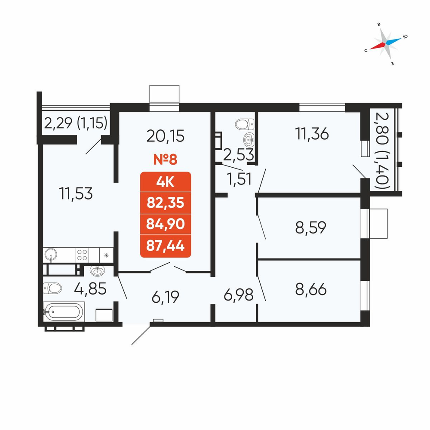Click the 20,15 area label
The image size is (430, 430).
tap(166, 136)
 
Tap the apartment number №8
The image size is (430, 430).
tap(166, 160)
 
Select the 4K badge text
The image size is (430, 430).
tap(166, 182)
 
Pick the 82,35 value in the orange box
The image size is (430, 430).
tap(166, 203)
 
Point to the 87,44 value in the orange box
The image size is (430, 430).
tap(166, 246)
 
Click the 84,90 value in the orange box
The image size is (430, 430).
tap(166, 224)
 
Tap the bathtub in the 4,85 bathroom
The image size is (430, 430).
tap(63, 312)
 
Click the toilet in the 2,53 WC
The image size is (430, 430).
tap(245, 124)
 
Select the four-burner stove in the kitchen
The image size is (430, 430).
tap(82, 255)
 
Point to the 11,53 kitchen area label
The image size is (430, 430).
tap(76, 194)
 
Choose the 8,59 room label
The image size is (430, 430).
tap(311, 227)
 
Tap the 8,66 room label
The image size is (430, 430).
tap(311, 289)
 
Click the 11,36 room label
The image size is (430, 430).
tap(312, 134)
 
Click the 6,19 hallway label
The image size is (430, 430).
tap(166, 297)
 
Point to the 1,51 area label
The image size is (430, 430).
tap(239, 180)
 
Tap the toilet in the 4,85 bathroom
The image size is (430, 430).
tap(52, 288)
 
